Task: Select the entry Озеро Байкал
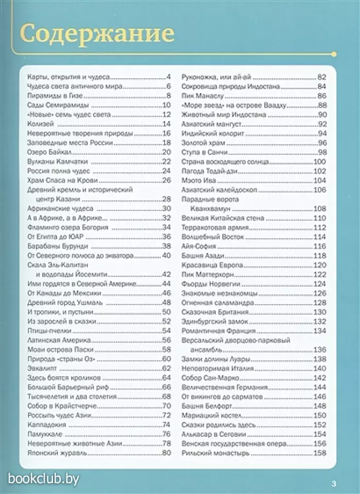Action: point(48,152)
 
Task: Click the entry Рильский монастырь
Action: point(216,453)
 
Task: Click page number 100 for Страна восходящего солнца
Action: point(320,162)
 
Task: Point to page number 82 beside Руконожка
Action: point(322,77)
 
